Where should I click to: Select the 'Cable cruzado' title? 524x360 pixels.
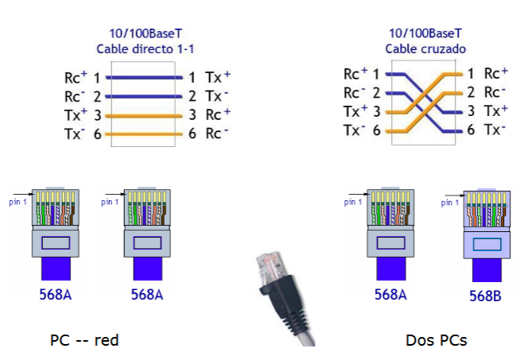coord(425,49)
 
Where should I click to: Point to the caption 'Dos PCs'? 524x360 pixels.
coord(436,340)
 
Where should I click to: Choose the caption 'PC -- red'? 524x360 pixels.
coord(84,340)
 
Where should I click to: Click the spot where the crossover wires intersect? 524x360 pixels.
coord(425,101)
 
